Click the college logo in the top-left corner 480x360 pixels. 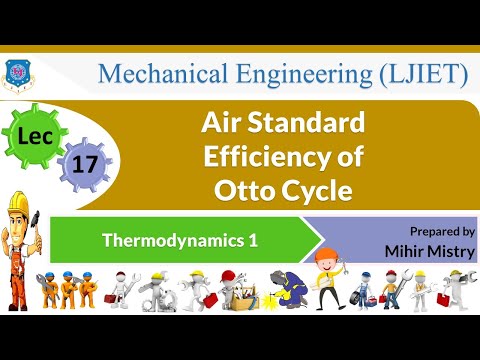click(16, 71)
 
